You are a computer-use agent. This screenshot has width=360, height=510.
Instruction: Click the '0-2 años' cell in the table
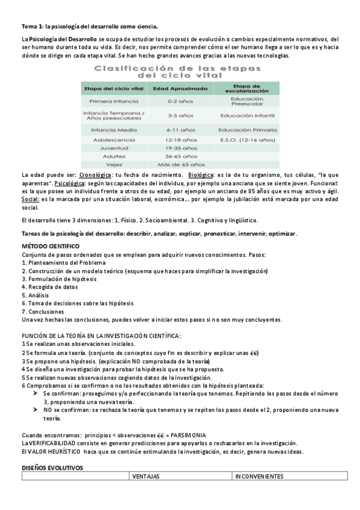[x=179, y=102]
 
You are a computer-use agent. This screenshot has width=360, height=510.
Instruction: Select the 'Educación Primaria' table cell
[x=246, y=129]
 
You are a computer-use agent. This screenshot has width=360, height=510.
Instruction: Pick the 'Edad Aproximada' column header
[x=179, y=88]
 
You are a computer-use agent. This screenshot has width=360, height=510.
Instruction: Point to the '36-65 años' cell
[x=179, y=156]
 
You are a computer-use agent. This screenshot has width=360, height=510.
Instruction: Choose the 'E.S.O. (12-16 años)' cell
[x=246, y=139]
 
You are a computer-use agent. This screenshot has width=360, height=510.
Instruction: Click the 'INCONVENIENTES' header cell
[x=259, y=477]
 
